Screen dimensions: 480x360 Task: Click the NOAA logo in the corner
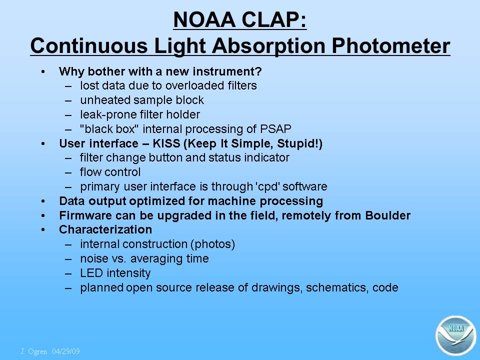pos(456,335)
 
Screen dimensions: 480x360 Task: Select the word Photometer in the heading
pos(391,46)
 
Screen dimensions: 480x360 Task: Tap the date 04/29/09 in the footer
pos(66,351)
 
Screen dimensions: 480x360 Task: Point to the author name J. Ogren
pos(34,351)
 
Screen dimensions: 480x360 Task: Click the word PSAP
pos(275,129)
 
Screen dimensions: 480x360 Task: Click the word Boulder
pos(387,215)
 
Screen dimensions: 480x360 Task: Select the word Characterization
pos(105,229)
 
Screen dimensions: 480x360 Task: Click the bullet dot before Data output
pos(43,201)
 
